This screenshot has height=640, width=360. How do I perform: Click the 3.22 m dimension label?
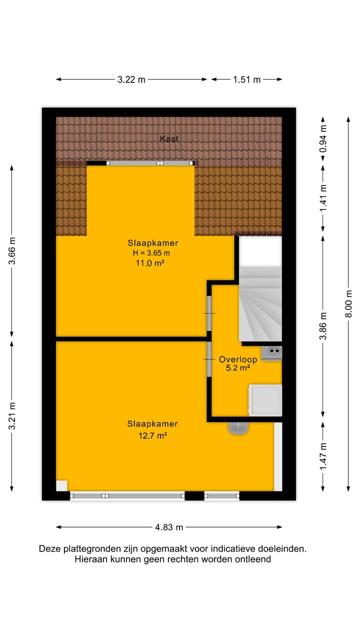coord(131,79)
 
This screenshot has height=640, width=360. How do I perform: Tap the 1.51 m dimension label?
coord(246,79)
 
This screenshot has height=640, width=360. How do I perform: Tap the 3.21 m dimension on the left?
coord(12,416)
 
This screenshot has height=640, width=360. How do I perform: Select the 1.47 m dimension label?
coord(323,456)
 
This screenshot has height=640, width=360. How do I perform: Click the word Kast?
coord(169,138)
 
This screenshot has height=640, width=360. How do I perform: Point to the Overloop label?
coord(238,359)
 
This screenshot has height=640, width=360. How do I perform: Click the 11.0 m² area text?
coord(152,262)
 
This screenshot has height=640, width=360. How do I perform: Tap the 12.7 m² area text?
coord(152,435)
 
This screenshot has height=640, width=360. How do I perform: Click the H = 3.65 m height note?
coord(152,253)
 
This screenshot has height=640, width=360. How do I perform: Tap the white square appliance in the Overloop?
coord(265,400)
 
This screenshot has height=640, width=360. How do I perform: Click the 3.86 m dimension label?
coord(323,325)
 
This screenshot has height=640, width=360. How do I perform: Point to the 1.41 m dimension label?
coord(323,197)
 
